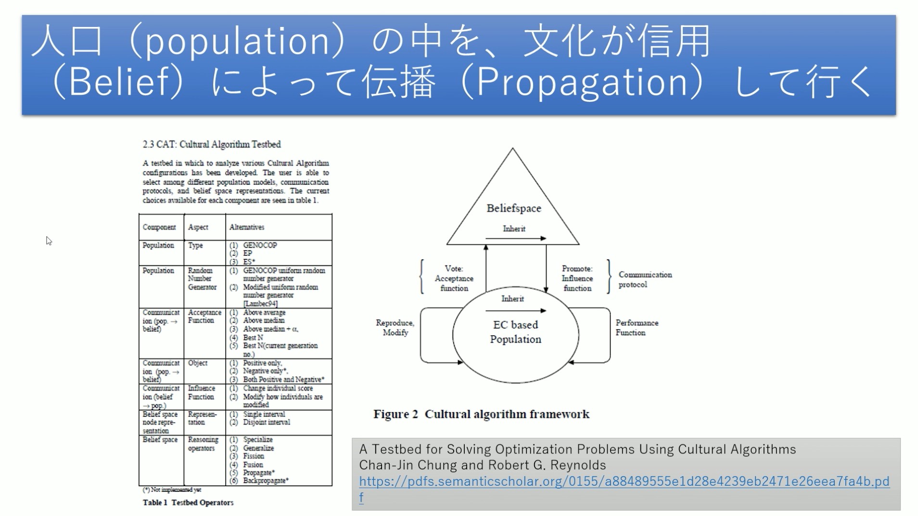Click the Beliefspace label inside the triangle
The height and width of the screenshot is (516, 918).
[513, 208]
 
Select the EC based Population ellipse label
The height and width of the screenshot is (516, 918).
[515, 332]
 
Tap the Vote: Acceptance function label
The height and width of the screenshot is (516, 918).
[454, 278]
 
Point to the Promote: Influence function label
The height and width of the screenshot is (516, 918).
[577, 278]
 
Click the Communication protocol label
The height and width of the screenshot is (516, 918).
[645, 279]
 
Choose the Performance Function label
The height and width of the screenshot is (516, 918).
[637, 327]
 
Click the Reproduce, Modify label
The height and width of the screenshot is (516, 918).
[395, 327]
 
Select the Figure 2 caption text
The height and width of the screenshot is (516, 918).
[481, 414]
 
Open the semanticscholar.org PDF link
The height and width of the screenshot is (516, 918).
[624, 481]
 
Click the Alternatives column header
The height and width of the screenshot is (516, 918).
[246, 227]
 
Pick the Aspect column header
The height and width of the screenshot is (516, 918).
[198, 227]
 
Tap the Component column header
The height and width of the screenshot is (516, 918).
[159, 227]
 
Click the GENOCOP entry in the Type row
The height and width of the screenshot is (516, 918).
[260, 245]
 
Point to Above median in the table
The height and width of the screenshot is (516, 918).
[264, 320]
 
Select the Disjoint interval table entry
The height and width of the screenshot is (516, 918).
[267, 422]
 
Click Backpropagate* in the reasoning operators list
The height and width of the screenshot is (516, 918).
[266, 480]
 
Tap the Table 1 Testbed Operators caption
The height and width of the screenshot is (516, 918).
[188, 503]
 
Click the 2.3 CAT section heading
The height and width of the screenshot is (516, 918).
[211, 144]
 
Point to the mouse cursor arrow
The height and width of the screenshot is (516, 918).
[49, 240]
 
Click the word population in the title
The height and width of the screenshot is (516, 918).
[236, 41]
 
